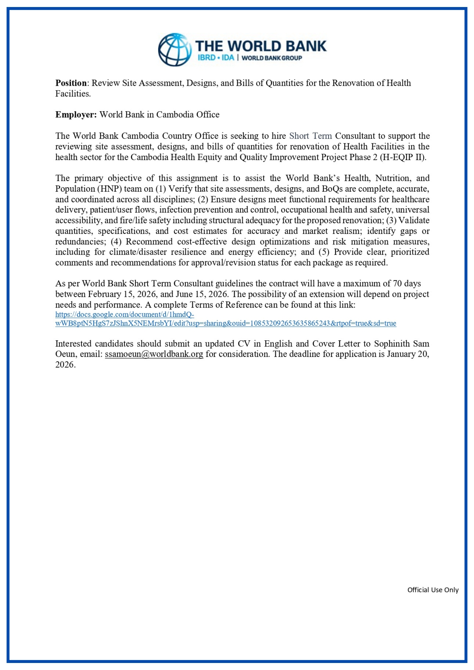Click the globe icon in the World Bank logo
[x=174, y=50]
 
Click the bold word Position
[x=71, y=83]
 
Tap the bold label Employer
[x=76, y=115]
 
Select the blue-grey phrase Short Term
[x=310, y=136]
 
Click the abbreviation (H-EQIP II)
[x=403, y=157]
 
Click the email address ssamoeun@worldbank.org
[x=154, y=354]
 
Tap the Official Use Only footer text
[x=433, y=590]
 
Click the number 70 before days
[x=397, y=283]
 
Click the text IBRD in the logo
[x=206, y=58]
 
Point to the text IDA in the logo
[x=228, y=58]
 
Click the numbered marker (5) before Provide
[x=324, y=252]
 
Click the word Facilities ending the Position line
[x=73, y=93]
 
